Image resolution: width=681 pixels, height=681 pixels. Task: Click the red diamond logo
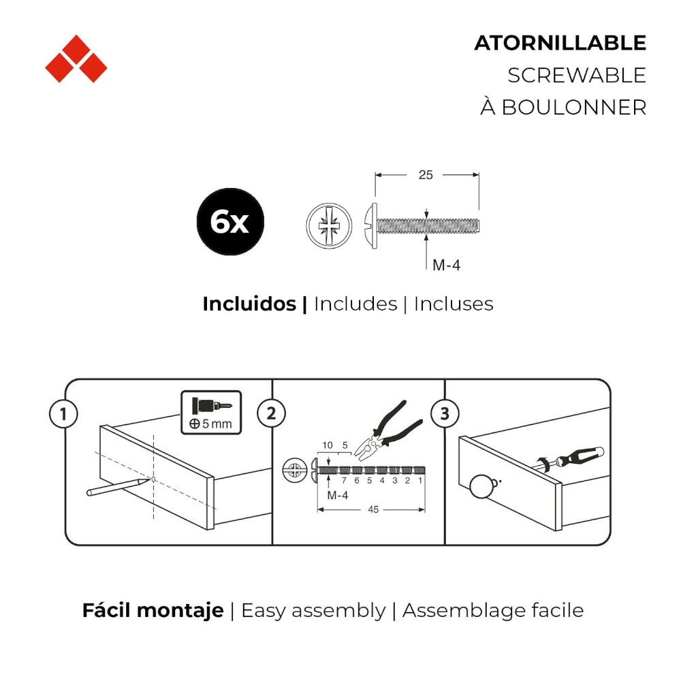coord(76,59)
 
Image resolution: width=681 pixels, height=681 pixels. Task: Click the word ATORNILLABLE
coord(560,43)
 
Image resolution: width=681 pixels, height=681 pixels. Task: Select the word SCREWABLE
coord(577,75)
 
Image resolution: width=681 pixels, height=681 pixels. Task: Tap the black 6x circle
coord(230,221)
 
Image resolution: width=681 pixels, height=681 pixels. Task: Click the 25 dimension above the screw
coord(426,174)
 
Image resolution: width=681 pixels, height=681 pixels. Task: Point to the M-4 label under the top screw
coord(446,264)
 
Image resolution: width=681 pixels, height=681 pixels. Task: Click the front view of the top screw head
coord(329,225)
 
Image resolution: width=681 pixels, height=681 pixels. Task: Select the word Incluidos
coord(249,304)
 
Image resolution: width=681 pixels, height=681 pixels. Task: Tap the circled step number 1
coord(63,413)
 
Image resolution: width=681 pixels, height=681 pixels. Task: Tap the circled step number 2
coord(272,413)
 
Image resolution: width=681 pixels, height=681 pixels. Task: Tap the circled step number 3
coord(445,413)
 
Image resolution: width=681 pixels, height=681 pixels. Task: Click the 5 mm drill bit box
coord(211,412)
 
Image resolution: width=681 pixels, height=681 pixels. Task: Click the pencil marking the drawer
coord(118,487)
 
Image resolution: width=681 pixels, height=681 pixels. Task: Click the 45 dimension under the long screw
coord(373,509)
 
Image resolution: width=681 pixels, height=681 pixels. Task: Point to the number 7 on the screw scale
coord(344,480)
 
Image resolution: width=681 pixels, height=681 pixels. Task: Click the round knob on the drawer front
coord(481,486)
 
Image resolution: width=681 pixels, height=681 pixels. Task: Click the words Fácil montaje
coord(153,611)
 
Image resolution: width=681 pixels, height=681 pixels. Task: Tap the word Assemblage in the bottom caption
coord(464,611)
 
